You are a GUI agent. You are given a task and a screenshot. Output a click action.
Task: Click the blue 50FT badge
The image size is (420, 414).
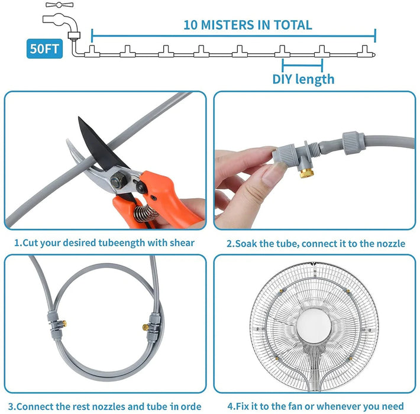(x=45, y=48)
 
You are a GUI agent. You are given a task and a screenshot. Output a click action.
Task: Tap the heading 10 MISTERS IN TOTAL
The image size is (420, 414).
(x=248, y=25)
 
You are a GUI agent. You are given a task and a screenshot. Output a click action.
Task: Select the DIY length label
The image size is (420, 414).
(x=303, y=79)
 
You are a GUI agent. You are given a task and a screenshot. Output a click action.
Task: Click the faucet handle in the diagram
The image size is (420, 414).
(x=60, y=5)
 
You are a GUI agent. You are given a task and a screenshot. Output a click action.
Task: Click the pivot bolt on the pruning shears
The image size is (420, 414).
(x=118, y=179)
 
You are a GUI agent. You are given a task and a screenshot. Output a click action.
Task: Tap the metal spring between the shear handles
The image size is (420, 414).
(x=145, y=214)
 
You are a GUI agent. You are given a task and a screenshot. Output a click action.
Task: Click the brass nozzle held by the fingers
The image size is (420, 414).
(x=306, y=173)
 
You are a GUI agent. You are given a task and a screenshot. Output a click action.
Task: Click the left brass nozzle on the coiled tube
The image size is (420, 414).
(x=64, y=324)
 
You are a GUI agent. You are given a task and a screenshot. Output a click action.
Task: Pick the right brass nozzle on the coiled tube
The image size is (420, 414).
(x=146, y=326)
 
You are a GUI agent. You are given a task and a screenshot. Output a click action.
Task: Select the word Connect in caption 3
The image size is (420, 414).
(x=35, y=406)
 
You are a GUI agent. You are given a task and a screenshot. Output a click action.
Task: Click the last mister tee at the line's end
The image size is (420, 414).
(x=366, y=51)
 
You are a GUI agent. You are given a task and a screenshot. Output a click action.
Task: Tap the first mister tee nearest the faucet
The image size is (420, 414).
(x=92, y=51)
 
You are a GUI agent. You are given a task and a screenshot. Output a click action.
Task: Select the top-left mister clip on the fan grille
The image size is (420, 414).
(x=283, y=291)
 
